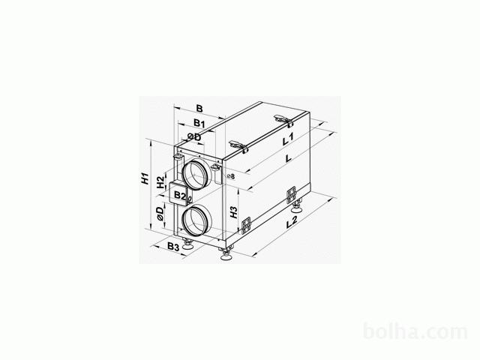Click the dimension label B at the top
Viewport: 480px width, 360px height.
[199, 108]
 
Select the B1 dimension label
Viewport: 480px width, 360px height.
[199, 123]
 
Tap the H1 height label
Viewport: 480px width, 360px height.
[145, 178]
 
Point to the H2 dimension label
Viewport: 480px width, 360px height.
[160, 182]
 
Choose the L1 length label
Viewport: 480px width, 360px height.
[288, 139]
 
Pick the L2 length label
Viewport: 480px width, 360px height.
[292, 222]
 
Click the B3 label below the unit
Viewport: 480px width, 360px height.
[173, 247]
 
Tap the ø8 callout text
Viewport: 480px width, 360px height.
[231, 176]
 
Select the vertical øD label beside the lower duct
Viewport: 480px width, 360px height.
[160, 213]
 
